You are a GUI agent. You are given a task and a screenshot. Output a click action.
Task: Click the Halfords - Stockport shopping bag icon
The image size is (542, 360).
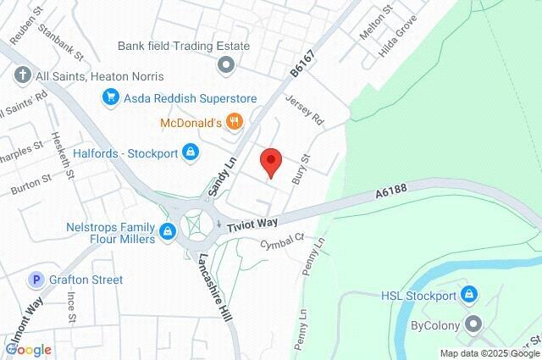(x=191, y=152)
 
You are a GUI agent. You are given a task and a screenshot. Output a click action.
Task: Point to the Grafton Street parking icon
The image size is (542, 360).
(x=36, y=280)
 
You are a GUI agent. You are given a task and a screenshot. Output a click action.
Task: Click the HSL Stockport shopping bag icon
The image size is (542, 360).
(x=472, y=296)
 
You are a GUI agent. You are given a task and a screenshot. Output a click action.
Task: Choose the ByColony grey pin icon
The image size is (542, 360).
(x=473, y=324)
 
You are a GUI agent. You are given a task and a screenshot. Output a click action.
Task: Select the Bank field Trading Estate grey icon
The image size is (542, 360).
(x=225, y=64)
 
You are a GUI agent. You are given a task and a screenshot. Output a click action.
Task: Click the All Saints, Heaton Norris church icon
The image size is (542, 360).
(x=22, y=75)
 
